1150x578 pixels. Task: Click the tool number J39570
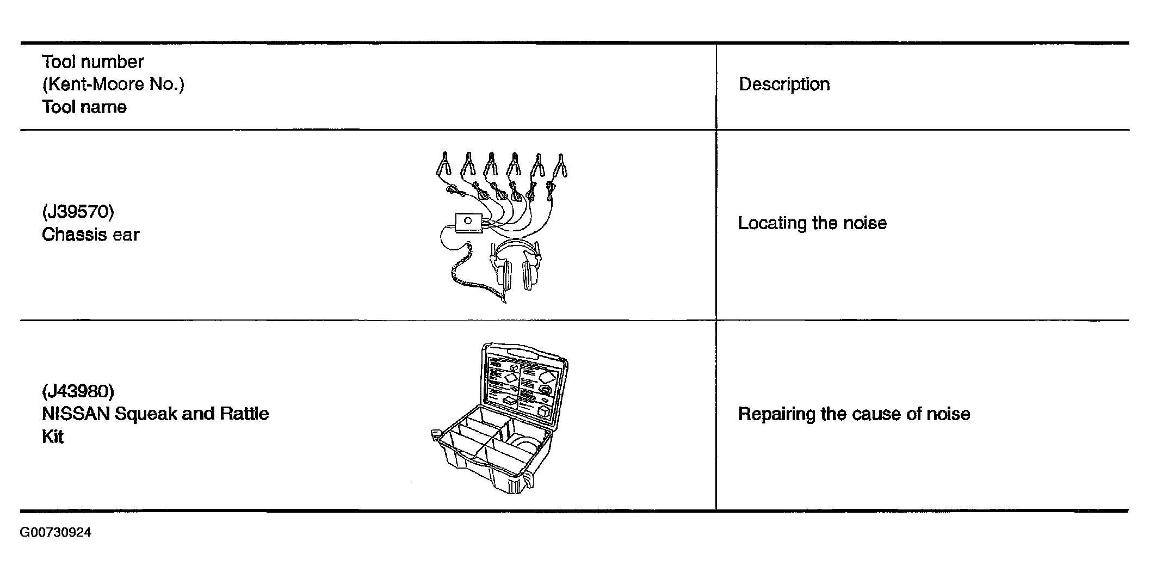[x=78, y=212]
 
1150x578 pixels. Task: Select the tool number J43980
[x=78, y=391]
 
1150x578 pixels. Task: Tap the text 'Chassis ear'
[x=90, y=235]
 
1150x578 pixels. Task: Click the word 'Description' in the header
[x=784, y=84]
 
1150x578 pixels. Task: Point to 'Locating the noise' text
[x=812, y=223]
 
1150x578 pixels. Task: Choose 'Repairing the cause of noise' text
[x=854, y=414]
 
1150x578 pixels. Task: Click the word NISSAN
[x=76, y=414]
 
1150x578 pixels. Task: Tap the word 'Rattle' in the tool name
[x=244, y=414]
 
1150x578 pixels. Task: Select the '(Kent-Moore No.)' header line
[x=113, y=84]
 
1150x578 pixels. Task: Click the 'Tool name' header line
[x=84, y=107]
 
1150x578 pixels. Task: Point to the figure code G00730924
[x=55, y=532]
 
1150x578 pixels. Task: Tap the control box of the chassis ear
[x=468, y=222]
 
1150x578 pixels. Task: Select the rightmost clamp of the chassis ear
[x=560, y=166]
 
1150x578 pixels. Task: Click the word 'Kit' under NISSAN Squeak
[x=53, y=437]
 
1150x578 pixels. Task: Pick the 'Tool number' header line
[x=92, y=62]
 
